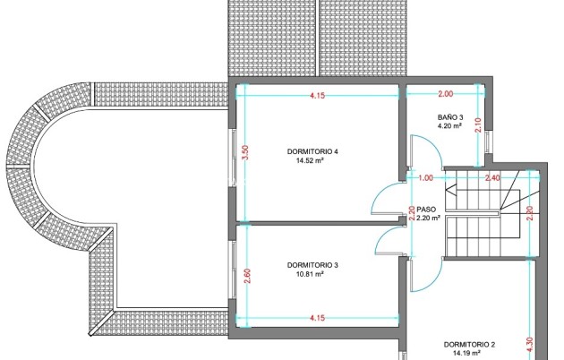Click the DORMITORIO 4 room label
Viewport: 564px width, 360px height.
(312, 151)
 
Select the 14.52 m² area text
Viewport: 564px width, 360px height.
(310, 161)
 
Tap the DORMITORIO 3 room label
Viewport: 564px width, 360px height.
(312, 265)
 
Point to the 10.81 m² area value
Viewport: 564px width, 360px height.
(310, 274)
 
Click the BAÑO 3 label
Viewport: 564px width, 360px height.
(450, 117)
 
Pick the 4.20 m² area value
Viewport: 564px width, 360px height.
(449, 126)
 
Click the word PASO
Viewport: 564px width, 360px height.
(426, 210)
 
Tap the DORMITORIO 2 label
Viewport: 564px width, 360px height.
(469, 345)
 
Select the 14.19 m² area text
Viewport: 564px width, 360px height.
(467, 354)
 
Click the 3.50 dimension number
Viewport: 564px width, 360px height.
(245, 152)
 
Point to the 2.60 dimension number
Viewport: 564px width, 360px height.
(247, 276)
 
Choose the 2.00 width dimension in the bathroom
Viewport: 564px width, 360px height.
(445, 94)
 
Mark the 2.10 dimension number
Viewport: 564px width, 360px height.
(478, 125)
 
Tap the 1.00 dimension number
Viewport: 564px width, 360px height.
(426, 178)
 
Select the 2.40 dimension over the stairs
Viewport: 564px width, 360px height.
(492, 178)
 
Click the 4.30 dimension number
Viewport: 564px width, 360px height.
(530, 345)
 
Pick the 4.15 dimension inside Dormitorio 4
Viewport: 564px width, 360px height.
(317, 96)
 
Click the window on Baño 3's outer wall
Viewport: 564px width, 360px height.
(488, 142)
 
